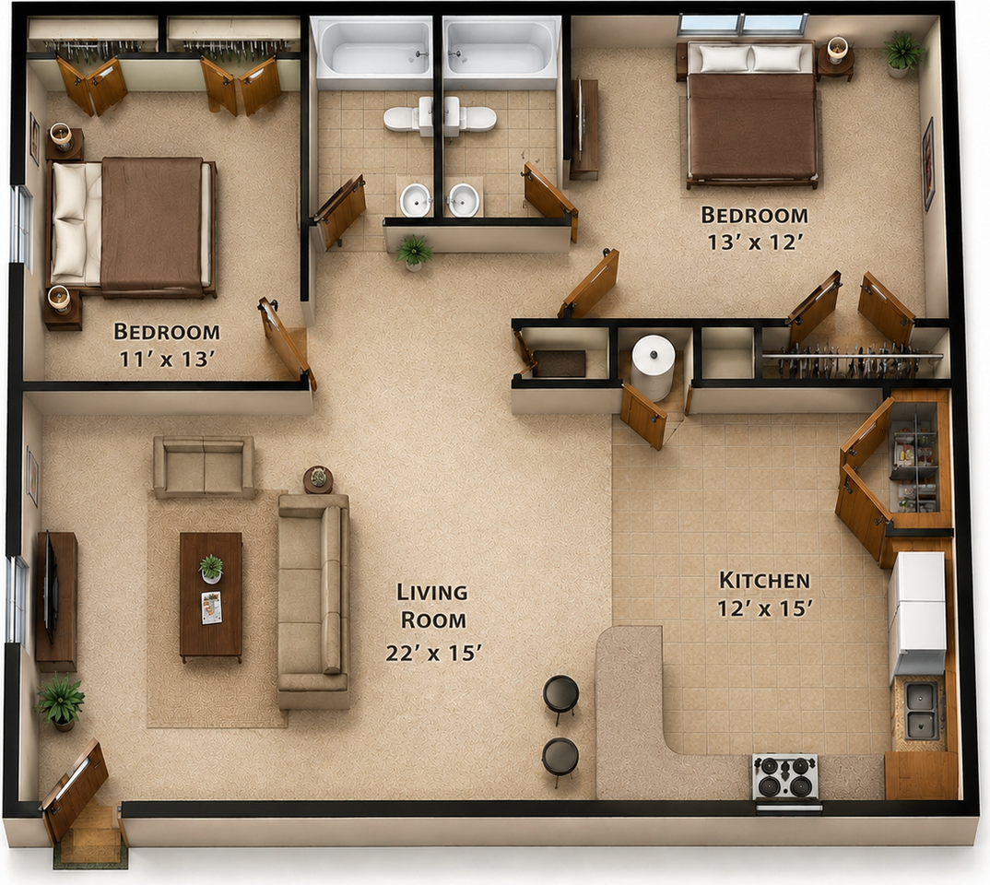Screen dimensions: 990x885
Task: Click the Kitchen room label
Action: click(764, 580)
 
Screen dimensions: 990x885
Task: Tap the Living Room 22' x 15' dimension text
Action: click(434, 653)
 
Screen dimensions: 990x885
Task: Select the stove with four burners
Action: click(785, 777)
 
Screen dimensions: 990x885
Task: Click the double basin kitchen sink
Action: click(921, 710)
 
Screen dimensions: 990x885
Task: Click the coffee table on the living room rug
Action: click(211, 596)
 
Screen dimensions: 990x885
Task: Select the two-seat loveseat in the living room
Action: click(204, 466)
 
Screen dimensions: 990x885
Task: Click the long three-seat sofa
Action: click(313, 600)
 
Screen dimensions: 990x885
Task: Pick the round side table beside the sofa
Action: click(318, 479)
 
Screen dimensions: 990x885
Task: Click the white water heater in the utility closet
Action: click(653, 368)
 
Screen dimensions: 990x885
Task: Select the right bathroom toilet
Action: click(470, 117)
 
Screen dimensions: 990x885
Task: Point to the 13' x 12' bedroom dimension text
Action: click(755, 242)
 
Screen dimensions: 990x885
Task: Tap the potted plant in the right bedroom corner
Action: click(902, 53)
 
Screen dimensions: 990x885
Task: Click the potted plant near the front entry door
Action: click(60, 702)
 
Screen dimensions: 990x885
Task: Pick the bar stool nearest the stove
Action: click(560, 760)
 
